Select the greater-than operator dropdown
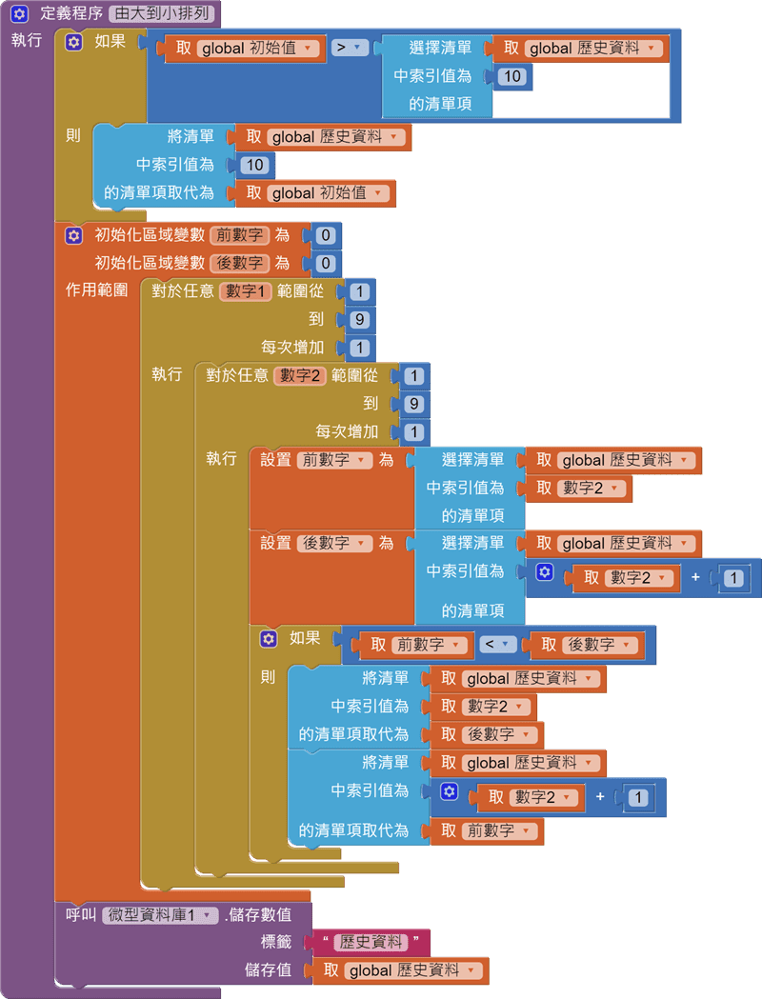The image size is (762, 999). tap(350, 48)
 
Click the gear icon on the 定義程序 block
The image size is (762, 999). tap(19, 14)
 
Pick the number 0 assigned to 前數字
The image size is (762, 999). tap(326, 235)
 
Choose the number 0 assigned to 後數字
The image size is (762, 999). tap(326, 264)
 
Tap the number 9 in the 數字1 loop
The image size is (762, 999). tap(360, 319)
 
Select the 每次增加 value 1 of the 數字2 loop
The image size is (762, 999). tap(414, 432)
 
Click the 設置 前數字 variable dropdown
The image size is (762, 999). tap(335, 460)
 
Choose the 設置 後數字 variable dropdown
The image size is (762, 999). tap(335, 544)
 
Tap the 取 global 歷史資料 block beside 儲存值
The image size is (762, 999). tap(400, 970)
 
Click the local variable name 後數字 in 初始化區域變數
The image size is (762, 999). tap(240, 263)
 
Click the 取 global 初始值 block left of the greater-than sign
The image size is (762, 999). tap(243, 48)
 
